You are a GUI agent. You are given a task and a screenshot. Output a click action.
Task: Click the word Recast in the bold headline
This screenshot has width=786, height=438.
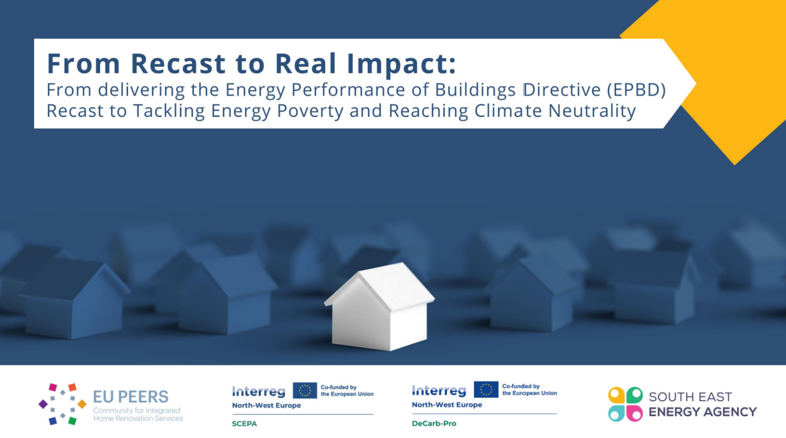[178, 64]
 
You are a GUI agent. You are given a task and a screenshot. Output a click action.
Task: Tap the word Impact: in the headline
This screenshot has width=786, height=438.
[401, 64]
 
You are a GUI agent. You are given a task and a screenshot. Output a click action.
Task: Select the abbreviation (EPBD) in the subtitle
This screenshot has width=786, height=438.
[637, 90]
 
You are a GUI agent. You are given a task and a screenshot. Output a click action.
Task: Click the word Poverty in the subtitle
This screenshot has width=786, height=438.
[310, 111]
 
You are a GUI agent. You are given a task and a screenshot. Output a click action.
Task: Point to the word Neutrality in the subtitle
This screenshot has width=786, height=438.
[592, 111]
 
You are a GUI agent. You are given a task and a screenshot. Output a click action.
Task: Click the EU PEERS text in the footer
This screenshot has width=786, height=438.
[130, 397]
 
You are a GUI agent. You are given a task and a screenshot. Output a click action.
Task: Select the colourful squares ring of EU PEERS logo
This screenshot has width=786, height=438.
[63, 404]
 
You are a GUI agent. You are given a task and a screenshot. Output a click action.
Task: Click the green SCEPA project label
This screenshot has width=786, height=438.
[244, 424]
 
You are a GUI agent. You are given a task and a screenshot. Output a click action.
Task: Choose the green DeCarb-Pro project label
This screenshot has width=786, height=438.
[434, 423]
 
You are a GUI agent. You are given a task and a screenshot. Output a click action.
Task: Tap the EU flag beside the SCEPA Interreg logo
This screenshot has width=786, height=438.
[305, 390]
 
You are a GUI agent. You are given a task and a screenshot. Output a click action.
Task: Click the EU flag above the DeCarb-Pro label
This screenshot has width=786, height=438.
[486, 389]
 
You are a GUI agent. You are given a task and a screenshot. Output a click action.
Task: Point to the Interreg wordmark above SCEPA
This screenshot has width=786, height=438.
[259, 391]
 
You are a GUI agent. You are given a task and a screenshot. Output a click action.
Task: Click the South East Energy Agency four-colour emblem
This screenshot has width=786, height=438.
[625, 404]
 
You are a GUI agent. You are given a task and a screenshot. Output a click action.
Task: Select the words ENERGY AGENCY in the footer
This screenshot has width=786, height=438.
[702, 412]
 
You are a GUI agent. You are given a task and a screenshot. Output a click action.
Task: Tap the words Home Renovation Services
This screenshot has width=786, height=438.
[138, 418]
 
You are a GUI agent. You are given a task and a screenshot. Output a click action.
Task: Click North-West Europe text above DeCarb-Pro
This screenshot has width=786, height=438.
[447, 405]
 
